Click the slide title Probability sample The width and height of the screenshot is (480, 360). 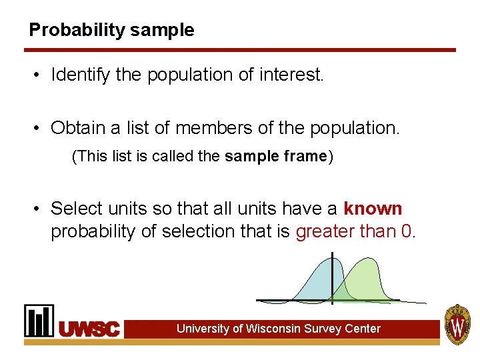pyautogui.click(x=111, y=31)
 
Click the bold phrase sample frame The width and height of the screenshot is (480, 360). pyautogui.click(x=275, y=157)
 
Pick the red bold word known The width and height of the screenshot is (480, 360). pyautogui.click(x=373, y=209)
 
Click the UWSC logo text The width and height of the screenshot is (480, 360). pyautogui.click(x=90, y=329)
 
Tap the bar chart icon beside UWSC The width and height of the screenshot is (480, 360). pyautogui.click(x=39, y=321)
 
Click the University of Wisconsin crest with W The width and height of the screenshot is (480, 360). pyautogui.click(x=457, y=324)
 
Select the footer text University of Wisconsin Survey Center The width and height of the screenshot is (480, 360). pyautogui.click(x=278, y=329)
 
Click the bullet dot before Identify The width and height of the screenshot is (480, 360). pyautogui.click(x=39, y=75)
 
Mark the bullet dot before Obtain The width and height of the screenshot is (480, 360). pyautogui.click(x=39, y=128)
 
